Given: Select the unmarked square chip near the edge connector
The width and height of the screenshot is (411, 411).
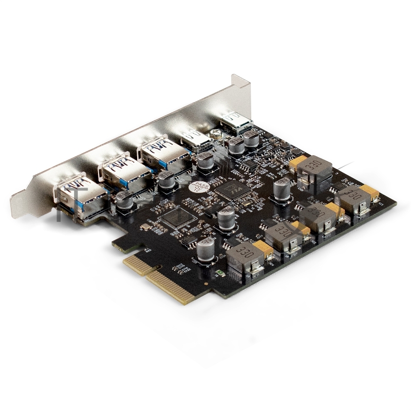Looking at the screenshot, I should pyautogui.click(x=178, y=218).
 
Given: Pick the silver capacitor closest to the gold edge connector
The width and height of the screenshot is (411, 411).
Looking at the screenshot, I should pyautogui.click(x=206, y=250).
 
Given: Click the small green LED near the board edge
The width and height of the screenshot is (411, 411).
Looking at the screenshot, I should pyautogui.click(x=220, y=272).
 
